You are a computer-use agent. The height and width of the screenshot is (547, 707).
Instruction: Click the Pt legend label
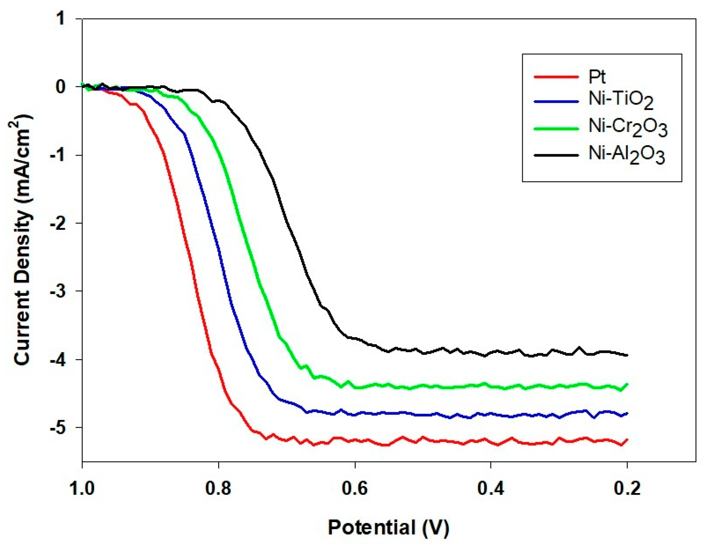597,77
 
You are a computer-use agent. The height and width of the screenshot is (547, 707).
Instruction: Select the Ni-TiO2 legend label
621,100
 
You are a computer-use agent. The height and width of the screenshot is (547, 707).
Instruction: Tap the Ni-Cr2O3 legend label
628,127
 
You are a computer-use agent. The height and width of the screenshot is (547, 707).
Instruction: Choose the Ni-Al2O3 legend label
627,154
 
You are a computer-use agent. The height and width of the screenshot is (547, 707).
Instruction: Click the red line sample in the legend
556,77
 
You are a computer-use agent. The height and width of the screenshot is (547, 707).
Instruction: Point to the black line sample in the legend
556,155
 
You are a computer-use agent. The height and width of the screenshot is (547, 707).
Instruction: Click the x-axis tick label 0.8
218,489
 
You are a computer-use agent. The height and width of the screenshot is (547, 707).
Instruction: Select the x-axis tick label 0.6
355,489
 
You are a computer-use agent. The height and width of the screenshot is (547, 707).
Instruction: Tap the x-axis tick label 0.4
491,489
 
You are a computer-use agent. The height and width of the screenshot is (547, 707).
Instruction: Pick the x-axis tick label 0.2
627,489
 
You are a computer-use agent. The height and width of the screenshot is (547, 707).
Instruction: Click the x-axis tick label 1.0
82,489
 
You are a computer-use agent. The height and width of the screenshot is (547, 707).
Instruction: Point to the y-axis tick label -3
58,291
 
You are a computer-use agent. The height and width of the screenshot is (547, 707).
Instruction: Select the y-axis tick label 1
61,19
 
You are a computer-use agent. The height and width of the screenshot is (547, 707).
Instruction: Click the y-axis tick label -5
58,428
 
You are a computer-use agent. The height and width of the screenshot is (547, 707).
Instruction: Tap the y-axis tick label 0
61,87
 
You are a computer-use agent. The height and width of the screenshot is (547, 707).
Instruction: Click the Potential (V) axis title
388,528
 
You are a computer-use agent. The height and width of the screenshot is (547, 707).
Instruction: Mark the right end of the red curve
627,440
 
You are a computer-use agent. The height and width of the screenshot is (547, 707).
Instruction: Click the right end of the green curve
627,384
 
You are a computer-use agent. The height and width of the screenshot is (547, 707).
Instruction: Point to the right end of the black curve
627,355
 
